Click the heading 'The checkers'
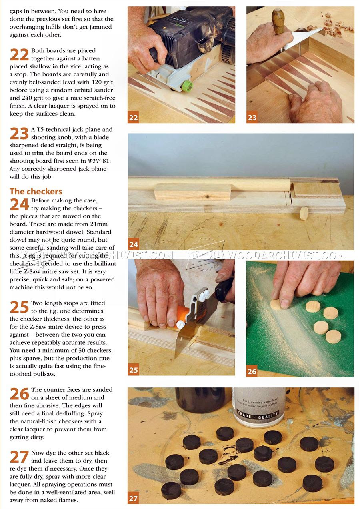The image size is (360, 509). point(36,191)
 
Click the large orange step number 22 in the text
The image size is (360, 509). point(19,55)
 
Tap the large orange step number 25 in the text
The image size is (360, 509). point(19,307)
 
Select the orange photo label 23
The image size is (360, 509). point(252,118)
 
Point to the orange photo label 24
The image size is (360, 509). point(134,244)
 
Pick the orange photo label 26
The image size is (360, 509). point(252,371)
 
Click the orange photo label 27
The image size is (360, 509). point(133,499)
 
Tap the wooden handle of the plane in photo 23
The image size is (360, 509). point(279,22)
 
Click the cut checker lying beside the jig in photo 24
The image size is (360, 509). point(304,214)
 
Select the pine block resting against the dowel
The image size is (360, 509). point(193,192)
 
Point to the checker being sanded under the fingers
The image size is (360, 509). point(277,304)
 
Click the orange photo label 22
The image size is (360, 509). point(133,118)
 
